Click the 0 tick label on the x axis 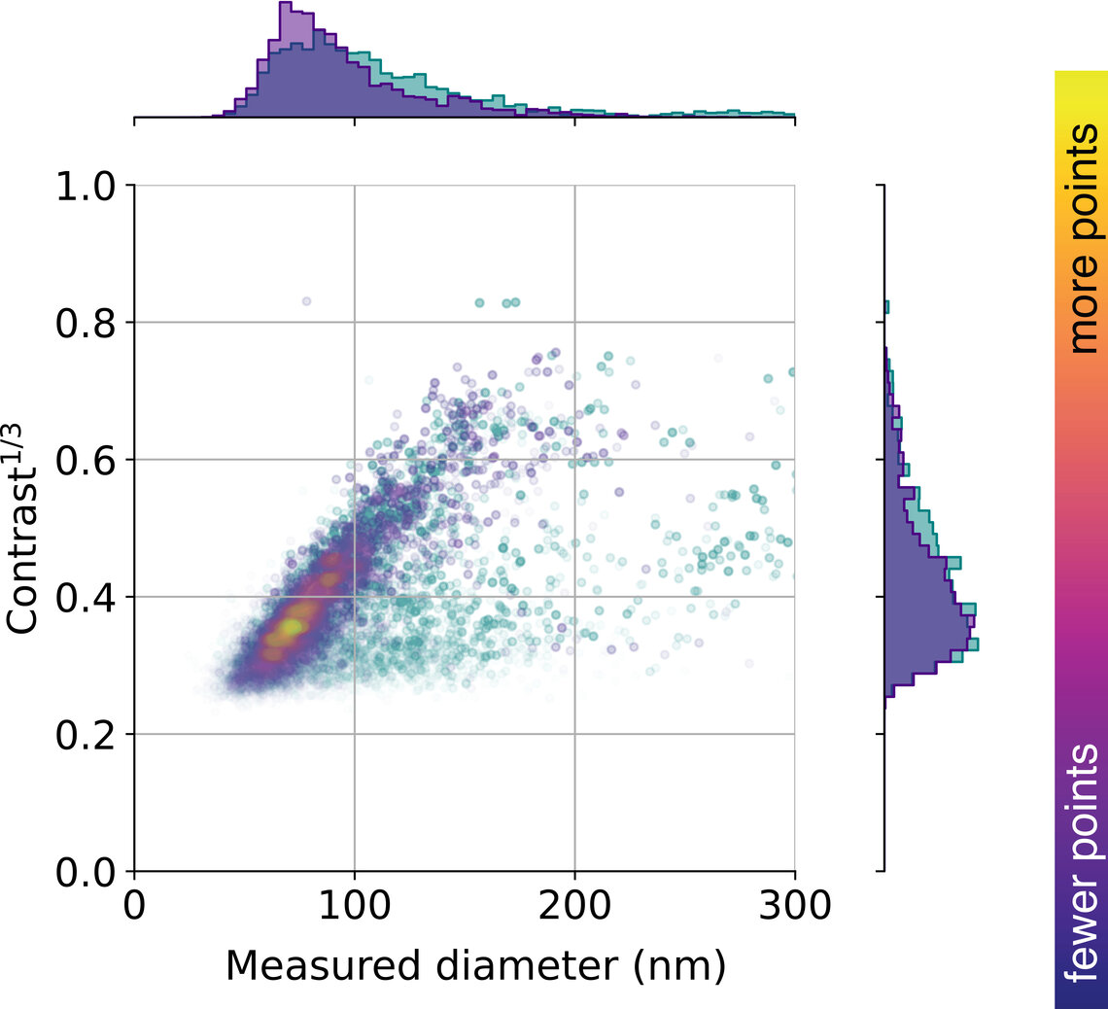[134, 906]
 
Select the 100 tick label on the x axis [354, 906]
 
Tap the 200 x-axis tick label [574, 906]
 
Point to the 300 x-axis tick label [794, 906]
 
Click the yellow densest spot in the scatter [289, 629]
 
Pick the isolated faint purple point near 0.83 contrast [306, 301]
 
